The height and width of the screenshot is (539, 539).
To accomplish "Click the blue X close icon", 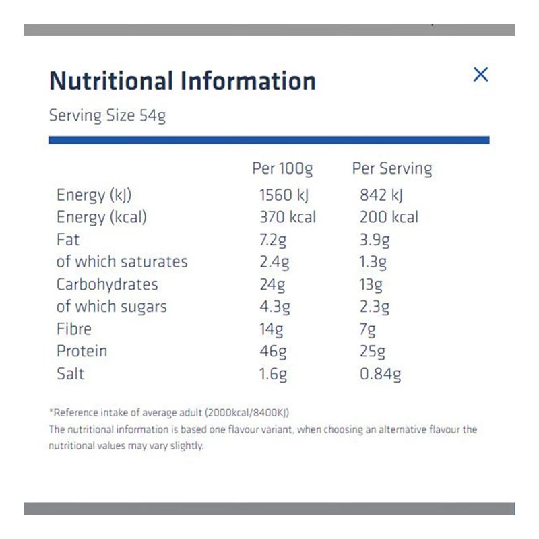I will pyautogui.click(x=480, y=75).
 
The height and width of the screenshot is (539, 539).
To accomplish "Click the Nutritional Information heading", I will pyautogui.click(x=183, y=81).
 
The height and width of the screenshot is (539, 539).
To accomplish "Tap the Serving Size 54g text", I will pyautogui.click(x=107, y=115).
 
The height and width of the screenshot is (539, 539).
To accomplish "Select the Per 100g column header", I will pyautogui.click(x=282, y=168).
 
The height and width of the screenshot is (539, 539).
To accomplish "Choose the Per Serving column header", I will pyautogui.click(x=392, y=168).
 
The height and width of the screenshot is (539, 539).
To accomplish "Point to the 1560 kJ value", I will pyautogui.click(x=284, y=195).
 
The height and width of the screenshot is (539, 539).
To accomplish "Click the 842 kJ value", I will pyautogui.click(x=382, y=195).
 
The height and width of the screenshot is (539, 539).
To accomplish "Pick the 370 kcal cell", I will pyautogui.click(x=288, y=217).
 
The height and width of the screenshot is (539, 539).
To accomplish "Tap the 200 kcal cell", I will pyautogui.click(x=389, y=217).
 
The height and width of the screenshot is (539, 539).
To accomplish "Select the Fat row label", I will pyautogui.click(x=68, y=239).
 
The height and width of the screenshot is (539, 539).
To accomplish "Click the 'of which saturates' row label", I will pyautogui.click(x=122, y=261).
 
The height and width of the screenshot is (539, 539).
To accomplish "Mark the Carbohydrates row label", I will pyautogui.click(x=107, y=284).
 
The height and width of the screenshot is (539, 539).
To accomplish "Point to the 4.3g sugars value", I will pyautogui.click(x=275, y=307).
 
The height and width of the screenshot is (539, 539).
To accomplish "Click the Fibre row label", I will pyautogui.click(x=74, y=329).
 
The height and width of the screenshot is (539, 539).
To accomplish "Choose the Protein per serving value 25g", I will pyautogui.click(x=373, y=351).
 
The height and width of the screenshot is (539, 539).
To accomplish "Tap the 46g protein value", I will pyautogui.click(x=273, y=351).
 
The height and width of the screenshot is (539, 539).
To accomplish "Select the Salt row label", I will pyautogui.click(x=71, y=373).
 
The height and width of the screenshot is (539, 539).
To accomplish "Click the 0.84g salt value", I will pyautogui.click(x=381, y=373).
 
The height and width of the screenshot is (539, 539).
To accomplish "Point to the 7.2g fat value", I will pyautogui.click(x=274, y=239).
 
